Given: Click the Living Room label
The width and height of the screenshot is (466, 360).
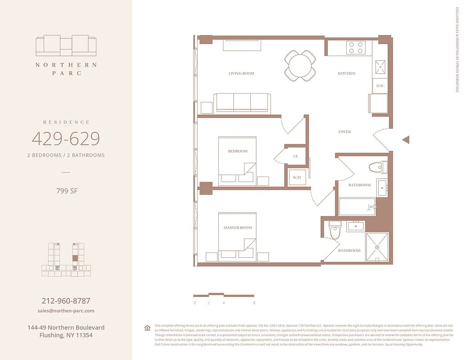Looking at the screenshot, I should (x=241, y=73).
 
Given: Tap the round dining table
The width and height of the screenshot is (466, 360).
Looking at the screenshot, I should (x=300, y=66).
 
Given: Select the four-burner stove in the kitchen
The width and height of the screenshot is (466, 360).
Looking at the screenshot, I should (x=355, y=48).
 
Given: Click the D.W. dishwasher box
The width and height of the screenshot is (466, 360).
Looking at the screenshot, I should (x=380, y=86).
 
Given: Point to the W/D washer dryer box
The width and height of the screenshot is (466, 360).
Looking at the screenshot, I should (x=297, y=178).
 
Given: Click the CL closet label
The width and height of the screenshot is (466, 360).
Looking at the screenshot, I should (x=296, y=156).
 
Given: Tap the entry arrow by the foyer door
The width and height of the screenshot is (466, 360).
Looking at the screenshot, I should (x=406, y=140).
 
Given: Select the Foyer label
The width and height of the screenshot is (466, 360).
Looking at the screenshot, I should (x=344, y=132).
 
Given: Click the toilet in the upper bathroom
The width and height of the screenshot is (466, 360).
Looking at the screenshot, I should (x=378, y=167).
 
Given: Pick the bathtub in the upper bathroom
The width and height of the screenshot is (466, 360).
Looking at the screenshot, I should (x=357, y=207).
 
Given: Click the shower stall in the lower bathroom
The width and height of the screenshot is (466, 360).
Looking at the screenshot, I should (x=377, y=247).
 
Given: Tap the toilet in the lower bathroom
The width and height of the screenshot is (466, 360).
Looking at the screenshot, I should (x=335, y=230).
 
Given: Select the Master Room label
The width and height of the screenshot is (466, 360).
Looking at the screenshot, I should (x=238, y=228).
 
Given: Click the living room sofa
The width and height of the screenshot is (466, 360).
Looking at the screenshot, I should (x=242, y=103).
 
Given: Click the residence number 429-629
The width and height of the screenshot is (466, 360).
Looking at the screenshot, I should (x=66, y=139).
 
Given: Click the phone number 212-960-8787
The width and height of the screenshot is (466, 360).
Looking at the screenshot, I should (x=66, y=301).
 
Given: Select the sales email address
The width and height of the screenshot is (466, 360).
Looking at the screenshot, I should (x=66, y=310).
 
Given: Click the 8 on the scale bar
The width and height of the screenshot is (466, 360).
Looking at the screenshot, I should (x=254, y=303).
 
